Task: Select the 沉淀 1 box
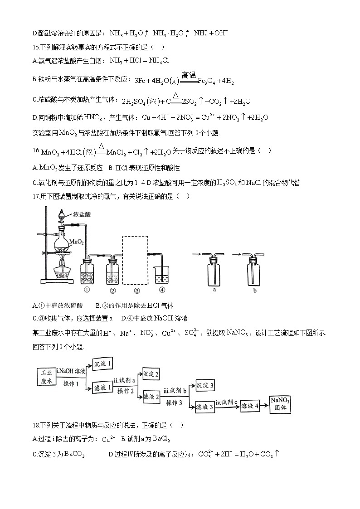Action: point(102,364)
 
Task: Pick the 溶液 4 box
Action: point(250,406)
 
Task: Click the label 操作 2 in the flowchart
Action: point(126,391)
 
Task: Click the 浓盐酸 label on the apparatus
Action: point(82,214)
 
